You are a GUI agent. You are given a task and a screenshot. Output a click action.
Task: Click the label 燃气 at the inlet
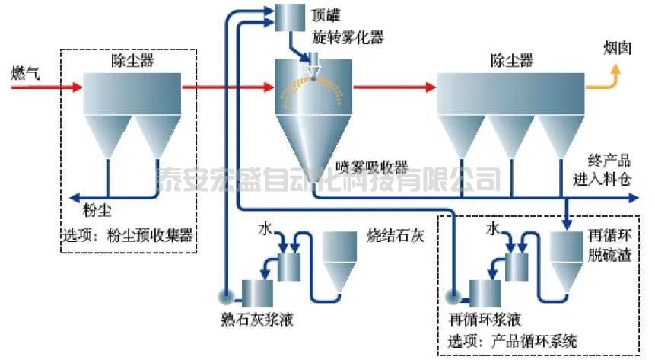point(25,73)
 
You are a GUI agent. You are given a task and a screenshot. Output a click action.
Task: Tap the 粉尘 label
point(95,209)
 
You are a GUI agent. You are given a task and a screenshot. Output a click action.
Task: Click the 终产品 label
point(609,161)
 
